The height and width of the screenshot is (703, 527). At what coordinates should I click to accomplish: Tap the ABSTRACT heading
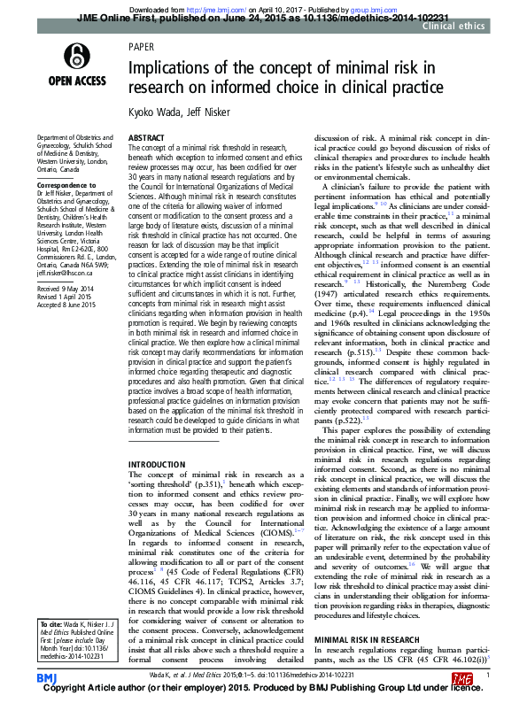pyautogui.click(x=147, y=140)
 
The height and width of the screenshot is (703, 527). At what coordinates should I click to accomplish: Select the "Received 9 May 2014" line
pyautogui.click(x=66, y=264)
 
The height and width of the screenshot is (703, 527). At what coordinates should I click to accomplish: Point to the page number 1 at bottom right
pyautogui.click(x=488, y=675)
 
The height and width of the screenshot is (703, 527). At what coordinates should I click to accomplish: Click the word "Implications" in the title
pyautogui.click(x=167, y=68)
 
